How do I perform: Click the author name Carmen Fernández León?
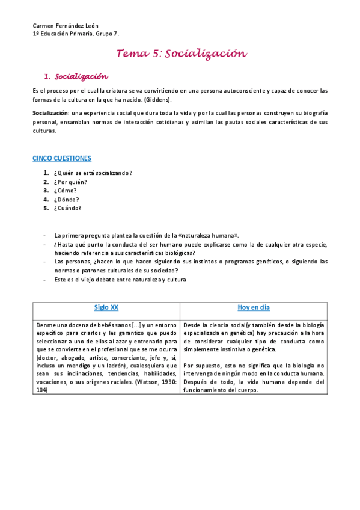(x=65, y=26)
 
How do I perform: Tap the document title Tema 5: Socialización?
(x=182, y=54)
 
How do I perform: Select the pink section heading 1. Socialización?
(x=77, y=77)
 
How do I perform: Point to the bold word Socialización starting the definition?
(x=50, y=113)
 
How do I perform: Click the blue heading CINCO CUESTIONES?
(x=61, y=158)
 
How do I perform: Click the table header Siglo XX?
(x=106, y=307)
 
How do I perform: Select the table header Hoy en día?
(x=254, y=307)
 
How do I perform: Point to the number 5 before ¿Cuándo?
(x=45, y=208)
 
